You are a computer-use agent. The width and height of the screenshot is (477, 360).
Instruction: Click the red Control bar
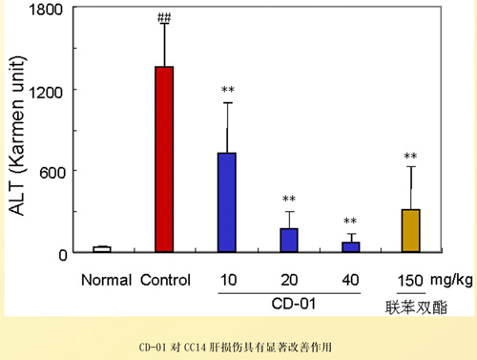tap(164, 159)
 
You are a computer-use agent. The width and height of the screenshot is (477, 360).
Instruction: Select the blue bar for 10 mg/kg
tap(227, 202)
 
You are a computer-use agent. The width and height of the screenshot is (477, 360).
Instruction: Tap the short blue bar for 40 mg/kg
tap(350, 247)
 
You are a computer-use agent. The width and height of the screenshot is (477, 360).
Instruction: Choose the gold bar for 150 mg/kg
tap(410, 231)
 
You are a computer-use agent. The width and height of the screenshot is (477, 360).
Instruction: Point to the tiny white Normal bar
tap(102, 249)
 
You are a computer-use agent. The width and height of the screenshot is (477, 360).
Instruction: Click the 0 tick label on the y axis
tap(59, 254)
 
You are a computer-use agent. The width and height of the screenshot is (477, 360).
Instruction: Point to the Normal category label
tap(104, 281)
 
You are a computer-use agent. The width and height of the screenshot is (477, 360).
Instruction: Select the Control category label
tap(165, 281)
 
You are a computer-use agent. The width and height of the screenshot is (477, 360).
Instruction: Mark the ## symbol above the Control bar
tap(164, 16)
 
